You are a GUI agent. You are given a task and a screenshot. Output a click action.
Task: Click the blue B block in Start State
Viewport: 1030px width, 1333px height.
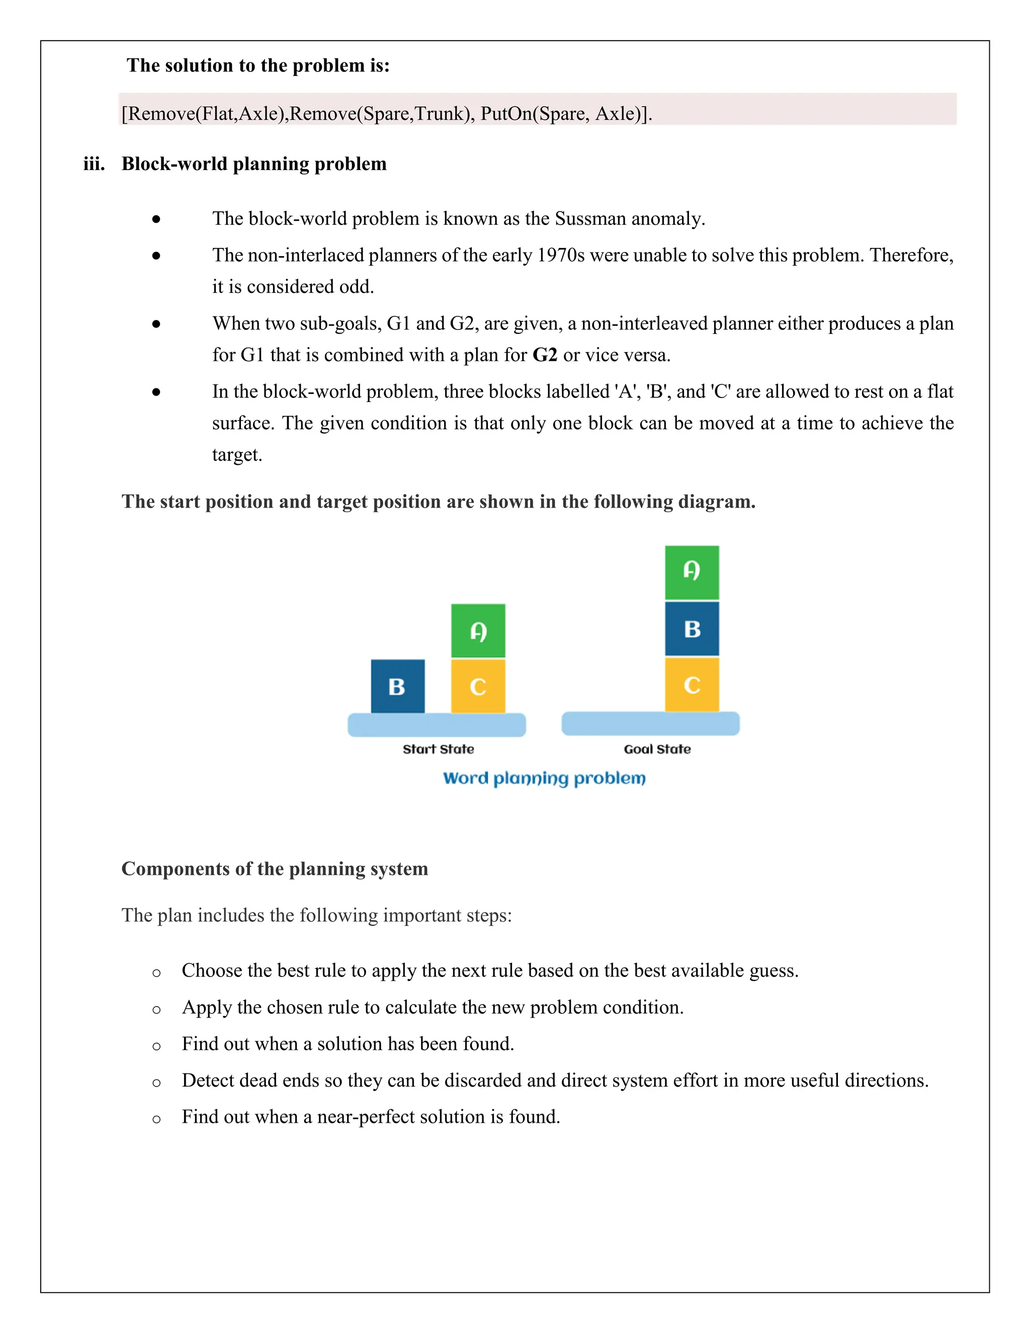click(x=397, y=686)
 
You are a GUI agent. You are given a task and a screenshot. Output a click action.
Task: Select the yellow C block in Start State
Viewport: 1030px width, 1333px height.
click(x=478, y=686)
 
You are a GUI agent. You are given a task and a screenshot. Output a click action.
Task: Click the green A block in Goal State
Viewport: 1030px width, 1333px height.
click(x=692, y=572)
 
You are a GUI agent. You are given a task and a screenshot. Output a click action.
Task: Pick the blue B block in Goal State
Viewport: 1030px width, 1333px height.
click(x=692, y=629)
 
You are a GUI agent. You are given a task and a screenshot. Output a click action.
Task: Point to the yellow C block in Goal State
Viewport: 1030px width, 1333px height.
click(x=692, y=684)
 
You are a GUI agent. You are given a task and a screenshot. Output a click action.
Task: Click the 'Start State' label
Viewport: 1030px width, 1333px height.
click(x=438, y=749)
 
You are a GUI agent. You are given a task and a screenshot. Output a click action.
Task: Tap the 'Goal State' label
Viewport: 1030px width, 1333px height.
click(x=657, y=749)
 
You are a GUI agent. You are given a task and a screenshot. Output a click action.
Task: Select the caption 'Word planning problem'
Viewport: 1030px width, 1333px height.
click(x=544, y=778)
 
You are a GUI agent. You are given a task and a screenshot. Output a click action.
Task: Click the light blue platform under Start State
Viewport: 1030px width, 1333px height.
click(x=436, y=725)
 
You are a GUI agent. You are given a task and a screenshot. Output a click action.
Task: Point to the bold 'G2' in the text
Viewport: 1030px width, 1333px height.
click(x=545, y=355)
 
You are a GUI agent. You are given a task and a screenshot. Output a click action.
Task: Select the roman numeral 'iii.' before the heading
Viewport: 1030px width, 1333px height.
click(x=94, y=164)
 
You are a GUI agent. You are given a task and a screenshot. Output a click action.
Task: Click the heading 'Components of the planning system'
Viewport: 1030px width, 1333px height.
click(x=275, y=869)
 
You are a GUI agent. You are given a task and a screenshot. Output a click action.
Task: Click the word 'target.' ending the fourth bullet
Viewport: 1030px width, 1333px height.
click(x=237, y=455)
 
